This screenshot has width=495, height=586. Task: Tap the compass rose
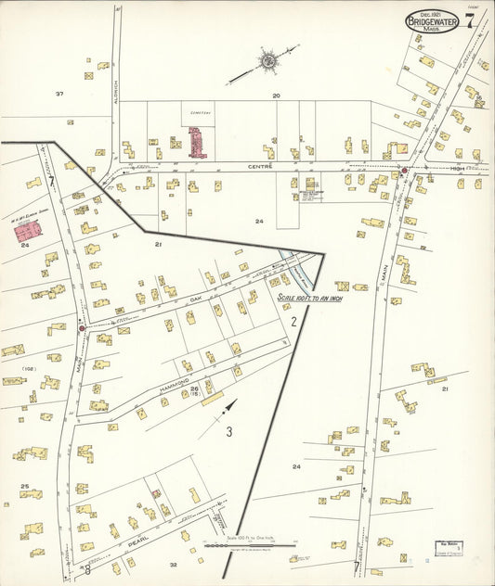click(267, 61)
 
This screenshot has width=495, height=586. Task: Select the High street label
click(457, 169)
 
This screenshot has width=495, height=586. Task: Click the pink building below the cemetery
click(196, 143)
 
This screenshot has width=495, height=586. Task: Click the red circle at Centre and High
click(404, 171)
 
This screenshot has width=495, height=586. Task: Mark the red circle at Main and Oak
click(82, 327)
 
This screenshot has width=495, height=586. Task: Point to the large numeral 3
click(228, 430)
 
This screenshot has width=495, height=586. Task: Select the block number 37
click(59, 94)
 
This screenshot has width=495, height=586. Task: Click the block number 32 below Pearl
click(173, 563)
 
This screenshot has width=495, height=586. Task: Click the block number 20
click(276, 96)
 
